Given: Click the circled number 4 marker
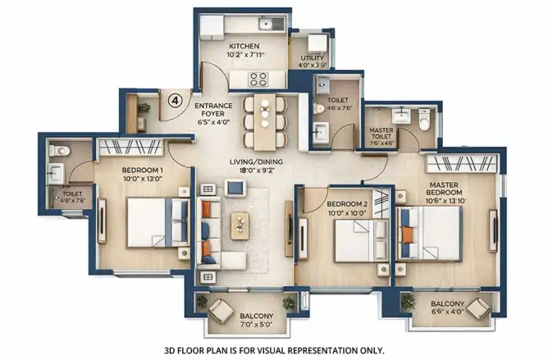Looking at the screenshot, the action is pyautogui.click(x=175, y=101).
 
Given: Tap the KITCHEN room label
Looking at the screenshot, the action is pyautogui.click(x=244, y=46).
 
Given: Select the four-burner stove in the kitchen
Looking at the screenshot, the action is pyautogui.click(x=258, y=80).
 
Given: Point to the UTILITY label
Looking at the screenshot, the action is pyautogui.click(x=313, y=58).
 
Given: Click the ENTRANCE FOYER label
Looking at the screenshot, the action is pyautogui.click(x=213, y=109).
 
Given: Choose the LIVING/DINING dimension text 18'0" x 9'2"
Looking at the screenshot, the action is pyautogui.click(x=256, y=171).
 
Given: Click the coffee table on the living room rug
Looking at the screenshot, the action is pyautogui.click(x=240, y=226).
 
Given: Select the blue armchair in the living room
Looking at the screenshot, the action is pyautogui.click(x=235, y=188).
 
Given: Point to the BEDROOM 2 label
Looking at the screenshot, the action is pyautogui.click(x=347, y=204).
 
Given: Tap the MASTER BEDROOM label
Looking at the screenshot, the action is pyautogui.click(x=444, y=189).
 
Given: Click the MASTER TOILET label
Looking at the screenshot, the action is pyautogui.click(x=381, y=133).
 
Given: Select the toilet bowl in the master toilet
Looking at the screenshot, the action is pyautogui.click(x=424, y=119).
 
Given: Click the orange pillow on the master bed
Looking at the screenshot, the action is pyautogui.click(x=407, y=235).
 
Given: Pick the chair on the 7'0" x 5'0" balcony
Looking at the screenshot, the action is pyautogui.click(x=221, y=311).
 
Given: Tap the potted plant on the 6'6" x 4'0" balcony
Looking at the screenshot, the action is pyautogui.click(x=409, y=301).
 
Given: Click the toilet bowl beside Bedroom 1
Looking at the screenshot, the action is pyautogui.click(x=59, y=151).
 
